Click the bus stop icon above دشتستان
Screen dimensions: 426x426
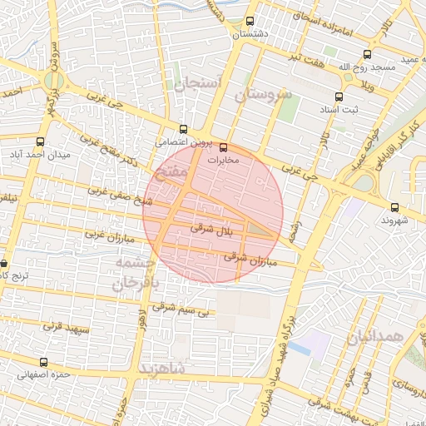(250, 22)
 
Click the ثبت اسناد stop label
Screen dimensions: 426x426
(338, 109)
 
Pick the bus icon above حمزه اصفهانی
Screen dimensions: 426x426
(43, 363)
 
